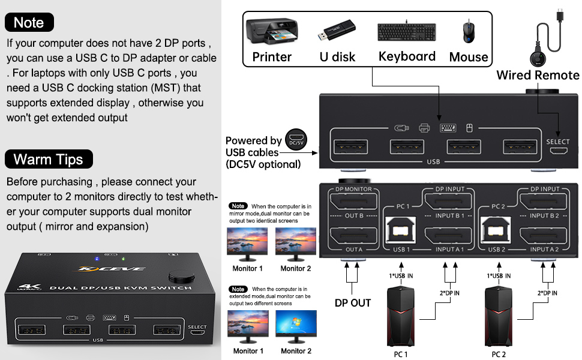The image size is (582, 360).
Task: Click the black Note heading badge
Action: click(x=29, y=22)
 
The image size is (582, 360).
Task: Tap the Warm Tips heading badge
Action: click(x=49, y=159)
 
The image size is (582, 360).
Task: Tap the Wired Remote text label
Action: click(x=538, y=75)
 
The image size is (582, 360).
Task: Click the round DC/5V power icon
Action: click(x=296, y=139)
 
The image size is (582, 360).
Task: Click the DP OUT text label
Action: click(x=352, y=303)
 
